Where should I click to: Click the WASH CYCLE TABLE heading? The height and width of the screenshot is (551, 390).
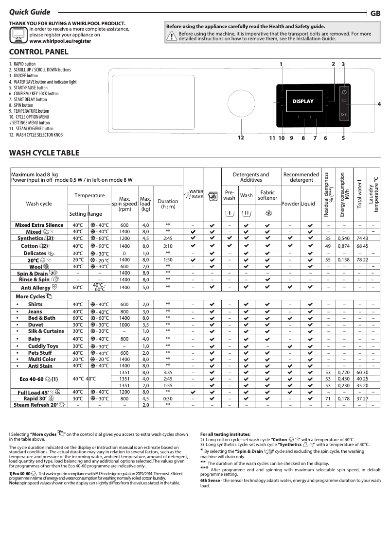(x=44, y=153)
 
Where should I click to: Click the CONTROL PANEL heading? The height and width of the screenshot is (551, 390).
(x=39, y=52)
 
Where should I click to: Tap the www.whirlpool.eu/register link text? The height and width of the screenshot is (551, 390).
(x=60, y=42)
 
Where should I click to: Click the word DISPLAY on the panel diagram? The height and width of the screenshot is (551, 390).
(x=303, y=102)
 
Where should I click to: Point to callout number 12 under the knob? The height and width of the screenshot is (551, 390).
(x=240, y=138)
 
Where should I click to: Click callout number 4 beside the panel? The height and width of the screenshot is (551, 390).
(x=379, y=104)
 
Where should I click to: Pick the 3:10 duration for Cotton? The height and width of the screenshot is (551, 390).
(x=167, y=246)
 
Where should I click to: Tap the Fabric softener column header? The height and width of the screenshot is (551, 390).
(x=267, y=195)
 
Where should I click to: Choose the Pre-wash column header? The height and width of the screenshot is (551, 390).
(x=229, y=195)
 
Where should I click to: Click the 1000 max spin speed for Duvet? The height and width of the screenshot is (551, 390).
(x=124, y=324)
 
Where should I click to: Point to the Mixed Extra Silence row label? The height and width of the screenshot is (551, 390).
(x=39, y=225)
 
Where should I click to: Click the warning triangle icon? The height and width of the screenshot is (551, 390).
(x=171, y=36)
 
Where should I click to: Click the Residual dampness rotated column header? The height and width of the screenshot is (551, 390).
(x=329, y=194)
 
